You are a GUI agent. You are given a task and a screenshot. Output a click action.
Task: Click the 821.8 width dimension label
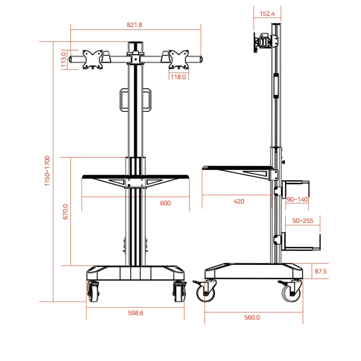click(x=134, y=25)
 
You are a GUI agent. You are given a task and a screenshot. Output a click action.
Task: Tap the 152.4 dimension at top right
click(x=267, y=14)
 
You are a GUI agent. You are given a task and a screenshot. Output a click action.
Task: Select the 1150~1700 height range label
click(x=47, y=171)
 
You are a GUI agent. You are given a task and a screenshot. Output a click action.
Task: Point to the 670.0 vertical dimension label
click(x=66, y=212)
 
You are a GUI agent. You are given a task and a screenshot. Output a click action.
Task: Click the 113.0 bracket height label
click(x=64, y=60)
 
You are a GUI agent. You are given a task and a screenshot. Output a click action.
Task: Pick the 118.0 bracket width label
click(x=178, y=77)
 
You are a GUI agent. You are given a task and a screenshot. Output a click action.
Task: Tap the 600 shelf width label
click(x=165, y=203)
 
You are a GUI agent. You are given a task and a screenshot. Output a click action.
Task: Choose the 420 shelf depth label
click(x=239, y=202)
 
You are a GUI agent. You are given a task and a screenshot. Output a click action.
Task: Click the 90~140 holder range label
click(x=297, y=200)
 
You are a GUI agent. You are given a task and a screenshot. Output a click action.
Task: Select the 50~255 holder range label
click(x=303, y=221)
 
